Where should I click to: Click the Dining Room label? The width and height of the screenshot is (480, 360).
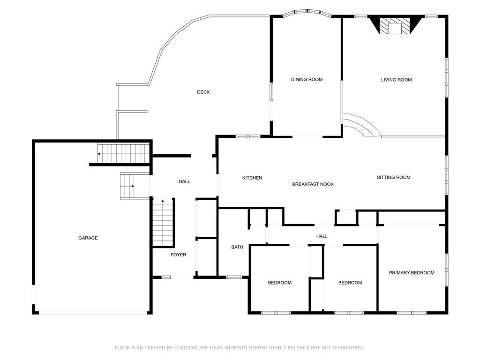pyautogui.click(x=307, y=80)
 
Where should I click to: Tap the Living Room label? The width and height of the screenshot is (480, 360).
pyautogui.click(x=396, y=80)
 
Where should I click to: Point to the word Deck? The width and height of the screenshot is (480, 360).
pyautogui.click(x=203, y=92)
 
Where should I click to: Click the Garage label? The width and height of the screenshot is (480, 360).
pyautogui.click(x=88, y=238)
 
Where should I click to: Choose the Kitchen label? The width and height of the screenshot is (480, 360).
pyautogui.click(x=252, y=178)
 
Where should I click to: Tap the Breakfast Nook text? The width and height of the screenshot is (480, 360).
pyautogui.click(x=313, y=184)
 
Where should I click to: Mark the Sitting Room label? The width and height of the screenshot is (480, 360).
pyautogui.click(x=393, y=177)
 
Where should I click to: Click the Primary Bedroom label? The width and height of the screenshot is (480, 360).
pyautogui.click(x=412, y=273)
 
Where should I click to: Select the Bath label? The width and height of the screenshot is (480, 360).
pyautogui.click(x=237, y=247)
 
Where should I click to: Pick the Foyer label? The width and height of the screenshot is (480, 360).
pyautogui.click(x=178, y=255)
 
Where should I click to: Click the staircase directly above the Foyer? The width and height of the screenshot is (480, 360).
pyautogui.click(x=163, y=223)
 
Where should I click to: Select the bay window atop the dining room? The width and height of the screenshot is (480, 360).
pyautogui.click(x=307, y=12)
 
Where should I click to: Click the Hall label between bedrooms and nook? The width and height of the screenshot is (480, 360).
pyautogui.click(x=322, y=237)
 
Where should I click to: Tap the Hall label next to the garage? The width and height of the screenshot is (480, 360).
pyautogui.click(x=185, y=181)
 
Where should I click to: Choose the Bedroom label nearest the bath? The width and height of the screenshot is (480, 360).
pyautogui.click(x=280, y=283)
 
